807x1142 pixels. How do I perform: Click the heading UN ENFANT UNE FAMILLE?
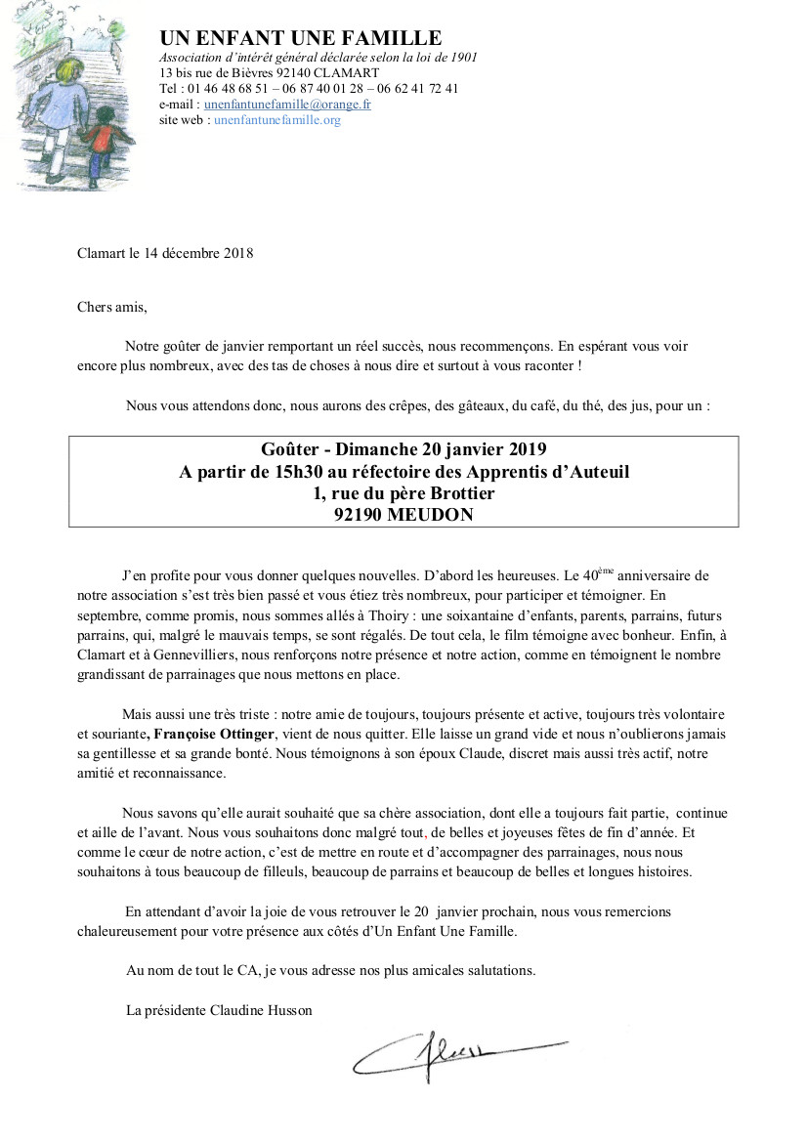click(x=300, y=38)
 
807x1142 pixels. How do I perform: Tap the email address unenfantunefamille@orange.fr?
click(x=287, y=104)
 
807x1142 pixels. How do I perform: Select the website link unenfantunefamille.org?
click(x=276, y=120)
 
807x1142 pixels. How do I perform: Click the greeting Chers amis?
click(x=111, y=307)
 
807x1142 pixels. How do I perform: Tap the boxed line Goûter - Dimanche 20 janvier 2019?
click(x=403, y=449)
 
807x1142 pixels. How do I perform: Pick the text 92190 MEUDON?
click(x=403, y=515)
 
